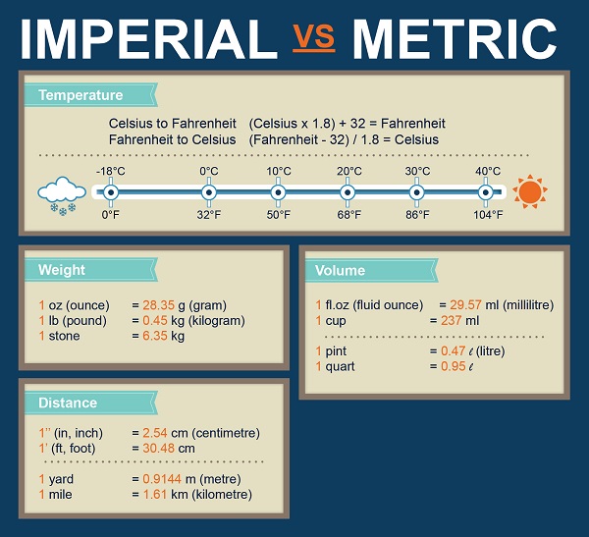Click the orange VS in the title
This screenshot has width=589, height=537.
(314, 36)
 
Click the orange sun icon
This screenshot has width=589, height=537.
(529, 190)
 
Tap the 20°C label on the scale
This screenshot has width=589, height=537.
(348, 171)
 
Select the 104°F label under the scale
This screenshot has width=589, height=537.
(488, 214)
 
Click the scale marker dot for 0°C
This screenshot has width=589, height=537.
(209, 191)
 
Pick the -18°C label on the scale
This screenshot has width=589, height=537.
(110, 171)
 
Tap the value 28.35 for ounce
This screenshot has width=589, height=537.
(157, 305)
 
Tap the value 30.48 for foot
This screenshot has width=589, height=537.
(160, 448)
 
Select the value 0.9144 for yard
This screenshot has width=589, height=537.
(163, 479)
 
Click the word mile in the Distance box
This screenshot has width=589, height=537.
(61, 494)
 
